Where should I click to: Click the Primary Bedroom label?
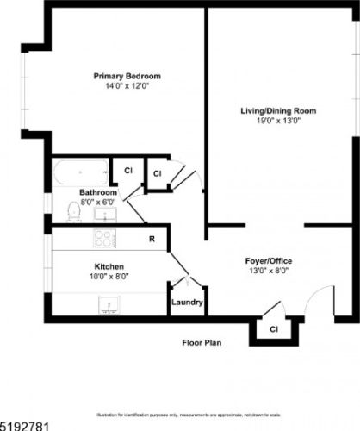pos(127,76)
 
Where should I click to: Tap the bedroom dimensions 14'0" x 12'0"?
pos(127,86)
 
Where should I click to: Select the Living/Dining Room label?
pos(278,110)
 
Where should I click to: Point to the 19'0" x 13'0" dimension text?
pos(278,121)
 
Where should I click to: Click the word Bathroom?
pos(97,192)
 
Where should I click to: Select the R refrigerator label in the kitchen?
pos(152,239)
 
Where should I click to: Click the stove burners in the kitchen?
pos(105,237)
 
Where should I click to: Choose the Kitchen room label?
pos(109,267)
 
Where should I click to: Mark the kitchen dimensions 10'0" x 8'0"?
pos(109,278)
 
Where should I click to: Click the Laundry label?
pos(187,303)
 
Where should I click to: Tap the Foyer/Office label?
pos(265,260)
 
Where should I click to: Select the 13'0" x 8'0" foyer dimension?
pos(265,271)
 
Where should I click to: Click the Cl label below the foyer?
pos(274,329)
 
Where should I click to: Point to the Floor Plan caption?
pos(202,342)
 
